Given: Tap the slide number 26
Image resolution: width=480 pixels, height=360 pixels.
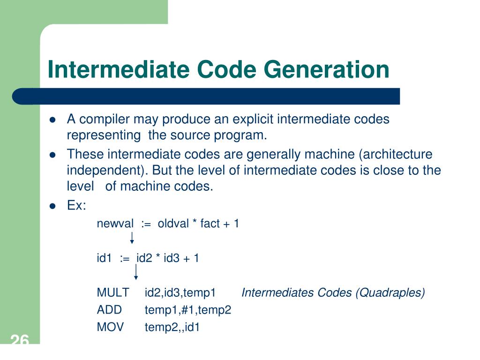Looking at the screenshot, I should [19, 341].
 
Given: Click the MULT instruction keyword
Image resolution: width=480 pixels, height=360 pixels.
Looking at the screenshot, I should [113, 293].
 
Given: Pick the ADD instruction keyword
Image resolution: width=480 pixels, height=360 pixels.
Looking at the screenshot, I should [109, 310].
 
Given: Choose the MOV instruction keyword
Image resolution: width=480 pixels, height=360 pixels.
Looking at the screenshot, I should [110, 327].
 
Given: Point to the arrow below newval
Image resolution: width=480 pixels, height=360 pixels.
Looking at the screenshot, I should [132, 237].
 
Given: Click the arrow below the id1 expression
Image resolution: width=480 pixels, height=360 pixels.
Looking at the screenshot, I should [136, 272].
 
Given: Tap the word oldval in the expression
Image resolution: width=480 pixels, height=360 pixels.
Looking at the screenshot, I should [173, 224].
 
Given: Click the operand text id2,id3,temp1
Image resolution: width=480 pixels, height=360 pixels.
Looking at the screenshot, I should [180, 293].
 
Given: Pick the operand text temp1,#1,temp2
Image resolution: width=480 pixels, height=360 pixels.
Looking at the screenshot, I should [188, 310].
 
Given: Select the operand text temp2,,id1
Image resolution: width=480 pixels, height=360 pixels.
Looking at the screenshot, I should [172, 327].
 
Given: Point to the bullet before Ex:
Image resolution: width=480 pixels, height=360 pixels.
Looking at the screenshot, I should [53, 206].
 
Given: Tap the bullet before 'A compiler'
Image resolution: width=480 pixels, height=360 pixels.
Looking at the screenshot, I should [53, 120].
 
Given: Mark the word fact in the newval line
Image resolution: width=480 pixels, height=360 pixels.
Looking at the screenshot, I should [210, 224].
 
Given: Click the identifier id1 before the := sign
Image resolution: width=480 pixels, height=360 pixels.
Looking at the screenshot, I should [104, 258].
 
